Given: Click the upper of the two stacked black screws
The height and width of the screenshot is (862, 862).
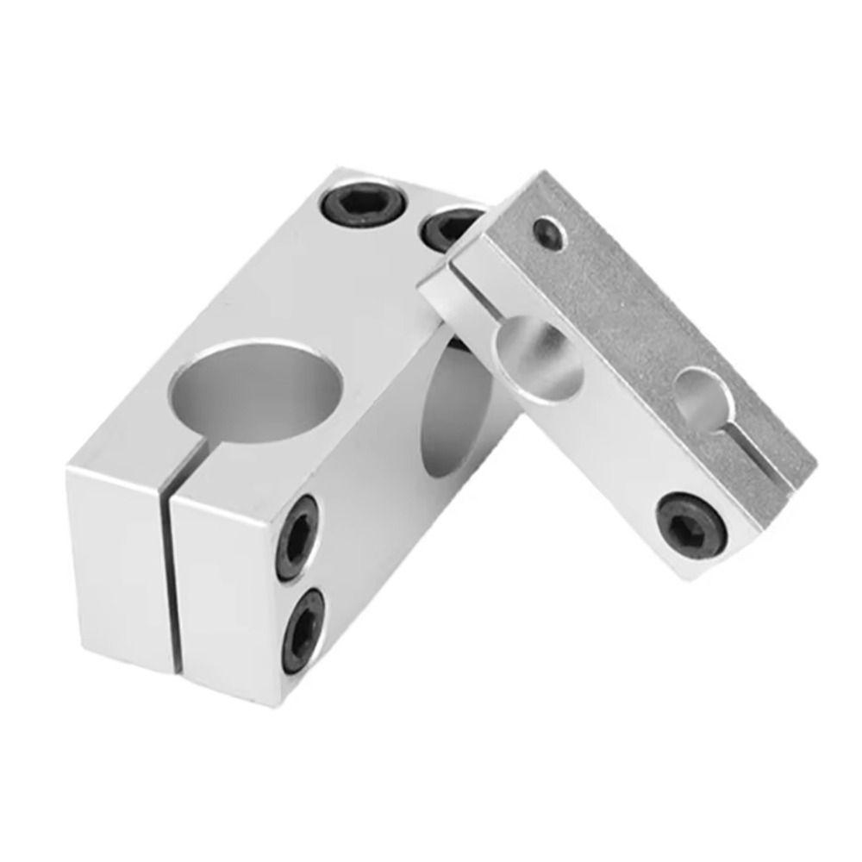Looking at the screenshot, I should tap(297, 538).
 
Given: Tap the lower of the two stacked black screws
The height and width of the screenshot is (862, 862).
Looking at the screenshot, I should tap(303, 628).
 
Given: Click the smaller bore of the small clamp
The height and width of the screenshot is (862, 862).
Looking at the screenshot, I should tap(703, 401).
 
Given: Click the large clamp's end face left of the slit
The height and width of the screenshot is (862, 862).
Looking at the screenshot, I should tap(116, 560).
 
